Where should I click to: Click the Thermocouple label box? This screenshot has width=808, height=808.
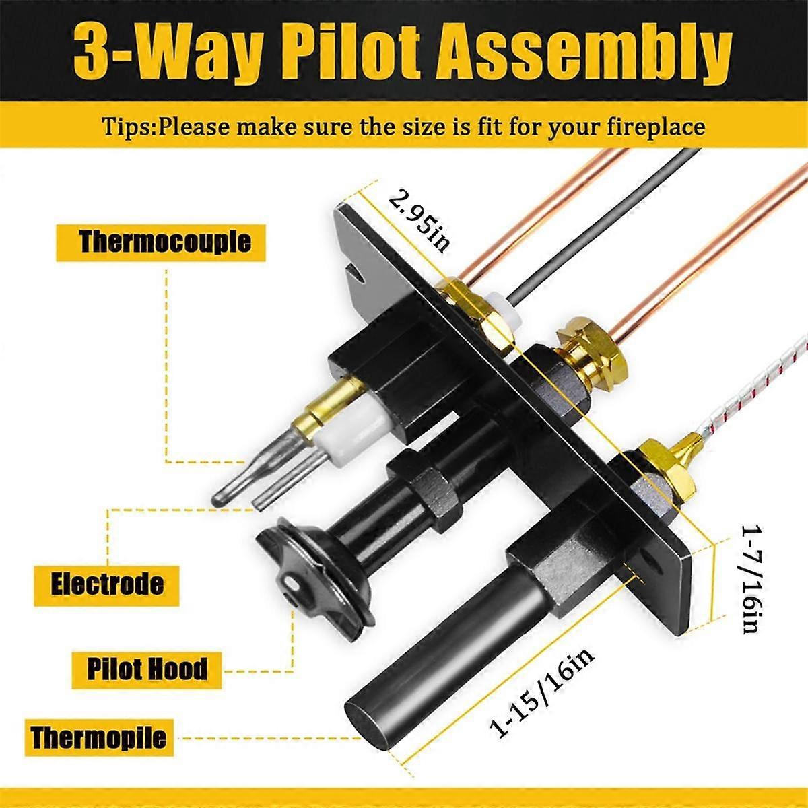click(x=162, y=242)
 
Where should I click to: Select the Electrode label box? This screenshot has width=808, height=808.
click(x=107, y=583)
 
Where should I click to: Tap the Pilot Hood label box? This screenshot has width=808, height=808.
click(x=147, y=669)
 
